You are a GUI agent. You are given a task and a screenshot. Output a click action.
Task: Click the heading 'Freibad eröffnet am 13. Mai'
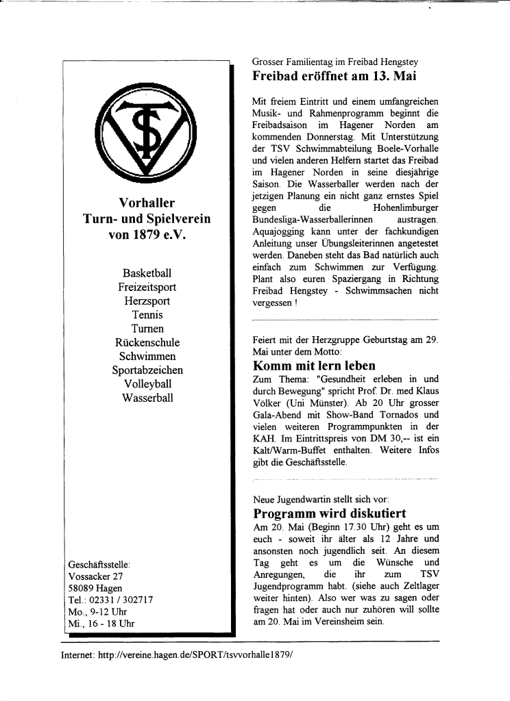tap(335, 76)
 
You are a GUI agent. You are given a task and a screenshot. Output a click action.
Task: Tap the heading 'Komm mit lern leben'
tap(314, 366)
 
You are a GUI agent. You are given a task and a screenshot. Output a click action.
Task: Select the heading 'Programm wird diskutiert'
tap(330, 513)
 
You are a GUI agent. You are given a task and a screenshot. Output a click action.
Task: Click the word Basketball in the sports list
tap(147, 274)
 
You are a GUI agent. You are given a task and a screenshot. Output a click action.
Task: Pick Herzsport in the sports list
tap(147, 301)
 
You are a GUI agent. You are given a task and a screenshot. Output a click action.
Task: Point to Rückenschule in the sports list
tap(147, 342)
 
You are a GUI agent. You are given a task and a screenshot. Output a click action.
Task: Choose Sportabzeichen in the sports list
tap(147, 370)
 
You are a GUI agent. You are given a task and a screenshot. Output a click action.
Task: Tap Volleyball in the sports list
tap(147, 384)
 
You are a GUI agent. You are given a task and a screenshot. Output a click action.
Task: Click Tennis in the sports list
tap(147, 315)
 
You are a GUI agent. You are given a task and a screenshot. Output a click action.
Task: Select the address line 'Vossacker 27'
tap(95, 576)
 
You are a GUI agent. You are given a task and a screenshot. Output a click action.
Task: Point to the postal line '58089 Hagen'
tap(95, 587)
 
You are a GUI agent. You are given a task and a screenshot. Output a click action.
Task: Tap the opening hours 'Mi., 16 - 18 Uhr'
tap(101, 624)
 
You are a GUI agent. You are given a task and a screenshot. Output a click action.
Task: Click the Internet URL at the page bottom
tap(177, 654)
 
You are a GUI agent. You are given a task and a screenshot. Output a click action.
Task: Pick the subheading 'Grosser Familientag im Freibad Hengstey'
tap(335, 62)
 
